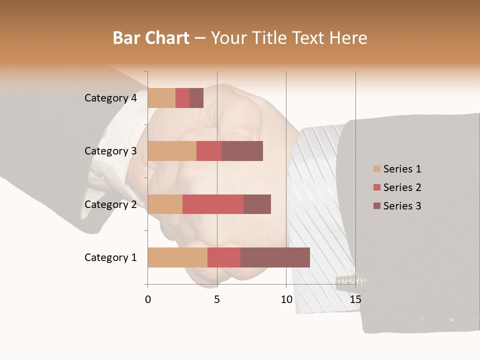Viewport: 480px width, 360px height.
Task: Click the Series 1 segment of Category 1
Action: click(x=177, y=257)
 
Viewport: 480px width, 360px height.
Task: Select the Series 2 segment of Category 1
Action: click(x=224, y=257)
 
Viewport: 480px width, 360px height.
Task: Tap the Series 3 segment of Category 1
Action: click(x=275, y=257)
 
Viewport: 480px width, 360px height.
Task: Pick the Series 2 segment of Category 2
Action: click(x=213, y=204)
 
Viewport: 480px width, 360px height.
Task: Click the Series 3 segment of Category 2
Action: click(x=257, y=204)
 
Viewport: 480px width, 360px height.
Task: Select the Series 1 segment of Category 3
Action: click(x=172, y=151)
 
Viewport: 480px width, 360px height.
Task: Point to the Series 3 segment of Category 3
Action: click(x=242, y=151)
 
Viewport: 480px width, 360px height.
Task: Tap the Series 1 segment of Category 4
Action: click(x=161, y=98)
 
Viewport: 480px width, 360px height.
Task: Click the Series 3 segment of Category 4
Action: click(x=196, y=98)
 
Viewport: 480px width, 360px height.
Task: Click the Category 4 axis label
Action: click(x=110, y=98)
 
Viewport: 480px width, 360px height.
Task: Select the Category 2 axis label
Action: click(x=110, y=204)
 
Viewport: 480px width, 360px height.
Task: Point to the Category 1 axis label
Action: click(x=110, y=257)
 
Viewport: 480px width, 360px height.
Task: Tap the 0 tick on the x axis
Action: click(x=148, y=299)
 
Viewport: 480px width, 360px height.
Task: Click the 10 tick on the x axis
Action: click(x=286, y=299)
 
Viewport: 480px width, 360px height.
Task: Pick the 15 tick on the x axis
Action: click(x=355, y=299)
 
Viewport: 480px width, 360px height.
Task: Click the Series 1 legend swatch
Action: click(x=376, y=169)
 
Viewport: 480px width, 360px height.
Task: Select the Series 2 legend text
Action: click(x=402, y=187)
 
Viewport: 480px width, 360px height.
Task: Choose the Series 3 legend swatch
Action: click(x=376, y=206)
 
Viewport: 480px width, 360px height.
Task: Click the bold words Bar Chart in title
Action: click(x=151, y=38)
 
